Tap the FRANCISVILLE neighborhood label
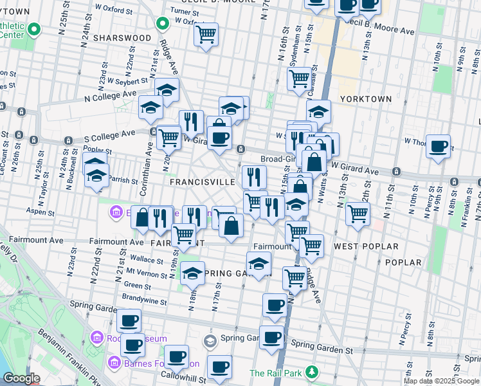click(x=202, y=182)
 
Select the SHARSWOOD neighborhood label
click(x=122, y=38)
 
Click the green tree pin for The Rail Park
click(x=312, y=372)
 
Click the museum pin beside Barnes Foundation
click(x=114, y=363)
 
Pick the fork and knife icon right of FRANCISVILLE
click(x=254, y=175)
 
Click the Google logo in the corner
click(x=22, y=378)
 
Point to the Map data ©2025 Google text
click(x=441, y=381)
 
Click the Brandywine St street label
click(x=145, y=300)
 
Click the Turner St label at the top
click(x=185, y=12)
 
